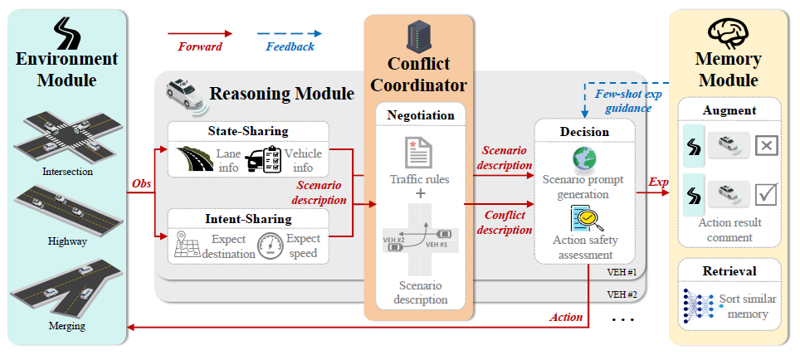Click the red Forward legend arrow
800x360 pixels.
click(x=200, y=34)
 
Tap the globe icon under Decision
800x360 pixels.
click(x=582, y=158)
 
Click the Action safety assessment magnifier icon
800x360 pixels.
click(x=584, y=218)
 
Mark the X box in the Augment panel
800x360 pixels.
click(x=765, y=145)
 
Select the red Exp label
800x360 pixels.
click(x=658, y=182)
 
